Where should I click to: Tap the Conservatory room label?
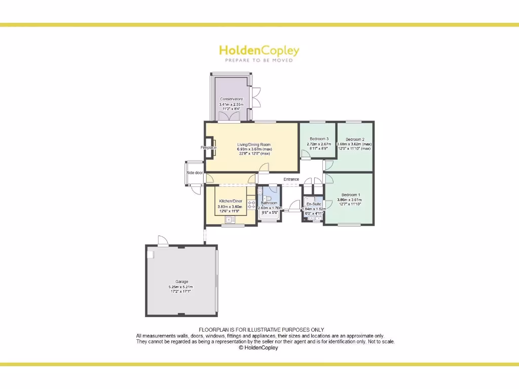(231, 99)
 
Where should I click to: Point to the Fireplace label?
(209, 147)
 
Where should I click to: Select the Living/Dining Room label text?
(254, 145)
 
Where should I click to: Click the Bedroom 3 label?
(319, 139)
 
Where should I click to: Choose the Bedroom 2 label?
(355, 139)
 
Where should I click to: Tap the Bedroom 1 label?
(351, 195)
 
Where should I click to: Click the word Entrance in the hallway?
(291, 179)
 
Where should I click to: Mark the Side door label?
(195, 173)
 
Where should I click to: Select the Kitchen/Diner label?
(230, 201)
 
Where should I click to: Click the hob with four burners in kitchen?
(251, 205)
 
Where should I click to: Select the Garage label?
(181, 282)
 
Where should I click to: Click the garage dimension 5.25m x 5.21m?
(181, 287)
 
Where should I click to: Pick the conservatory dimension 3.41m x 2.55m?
(231, 104)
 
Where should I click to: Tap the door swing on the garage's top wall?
(162, 241)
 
